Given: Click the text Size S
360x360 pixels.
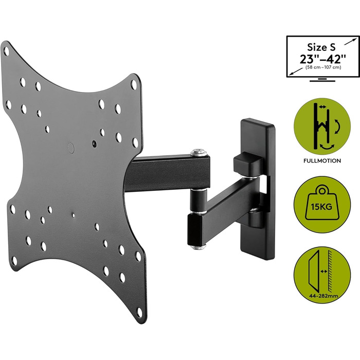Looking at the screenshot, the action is coord(321,47).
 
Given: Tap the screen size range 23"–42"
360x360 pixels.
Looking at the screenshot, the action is coord(322,59).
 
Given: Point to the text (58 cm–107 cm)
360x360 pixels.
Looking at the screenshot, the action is coord(323,67).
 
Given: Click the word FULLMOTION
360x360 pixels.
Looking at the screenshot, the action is coord(322,160).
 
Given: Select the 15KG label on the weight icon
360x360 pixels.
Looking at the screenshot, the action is coord(322,207).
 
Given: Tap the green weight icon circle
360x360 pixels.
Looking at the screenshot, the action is coord(322,205).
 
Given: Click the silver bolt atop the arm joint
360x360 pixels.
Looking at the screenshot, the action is coord(199,152).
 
